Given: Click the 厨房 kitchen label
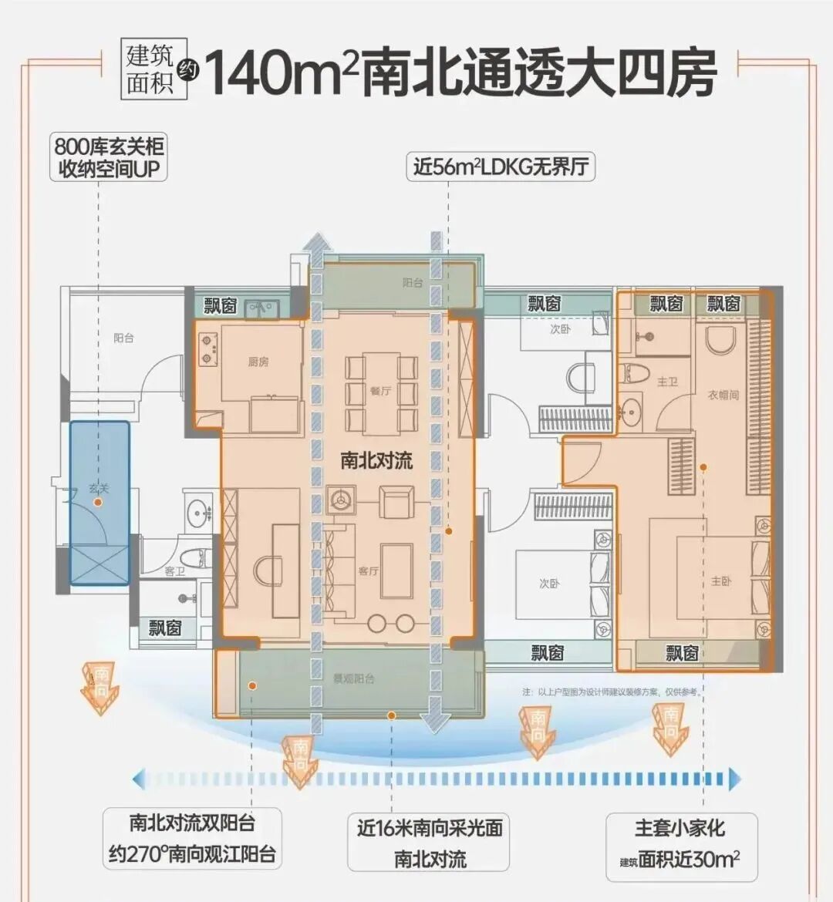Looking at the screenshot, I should click(258, 362).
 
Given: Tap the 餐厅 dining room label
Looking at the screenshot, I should click(380, 391).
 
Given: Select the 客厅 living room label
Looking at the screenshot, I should click(368, 571).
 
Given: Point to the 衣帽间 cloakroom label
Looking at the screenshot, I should click(723, 395).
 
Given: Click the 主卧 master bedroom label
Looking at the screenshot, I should click(721, 581).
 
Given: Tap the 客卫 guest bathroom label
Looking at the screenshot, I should click(175, 570).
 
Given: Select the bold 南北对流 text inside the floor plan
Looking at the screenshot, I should click(376, 461).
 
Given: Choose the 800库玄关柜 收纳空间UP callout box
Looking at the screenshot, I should click(110, 158).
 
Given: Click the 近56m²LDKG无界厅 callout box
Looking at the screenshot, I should click(501, 167).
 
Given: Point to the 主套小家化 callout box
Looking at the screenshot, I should click(680, 843).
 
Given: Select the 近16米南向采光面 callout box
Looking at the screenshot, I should click(430, 843).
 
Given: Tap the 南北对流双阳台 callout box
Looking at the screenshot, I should click(191, 838).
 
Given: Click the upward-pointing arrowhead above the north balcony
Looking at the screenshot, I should click(315, 241).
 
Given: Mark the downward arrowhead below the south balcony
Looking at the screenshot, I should click(435, 722).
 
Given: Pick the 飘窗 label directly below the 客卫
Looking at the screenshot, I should click(165, 628).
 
